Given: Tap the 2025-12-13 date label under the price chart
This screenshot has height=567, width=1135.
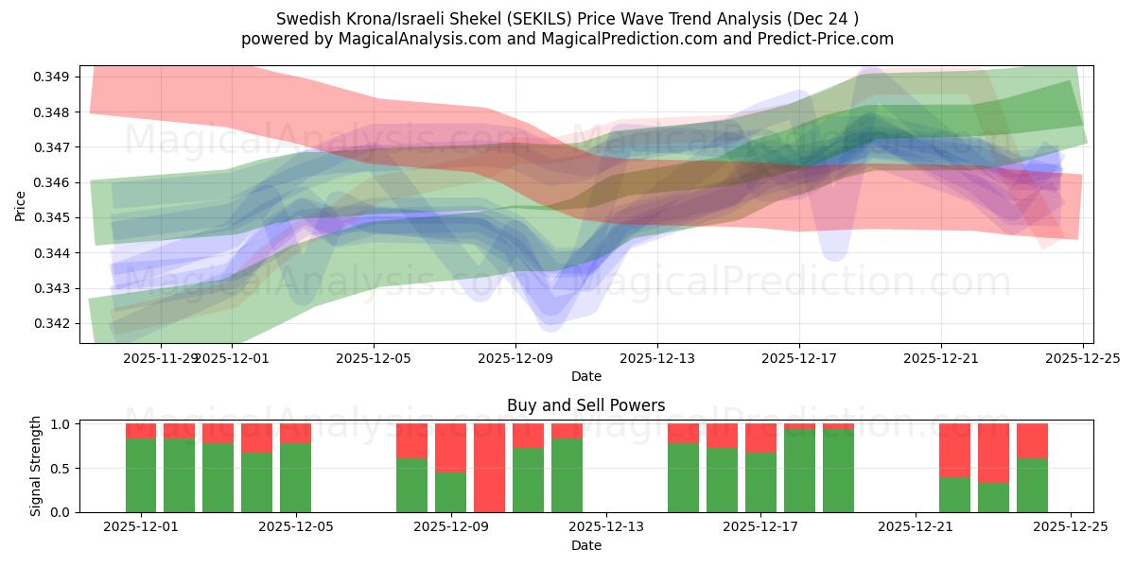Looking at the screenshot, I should (x=657, y=359).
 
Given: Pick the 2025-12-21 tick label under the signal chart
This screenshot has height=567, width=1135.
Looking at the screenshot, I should (x=916, y=527).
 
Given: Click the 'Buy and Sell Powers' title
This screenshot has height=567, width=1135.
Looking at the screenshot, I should (x=585, y=405).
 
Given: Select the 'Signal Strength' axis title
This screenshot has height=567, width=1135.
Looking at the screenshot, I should (x=36, y=466).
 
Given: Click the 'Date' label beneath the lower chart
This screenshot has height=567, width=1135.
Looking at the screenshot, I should (x=585, y=545).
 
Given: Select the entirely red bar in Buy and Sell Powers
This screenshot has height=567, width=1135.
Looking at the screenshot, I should (x=489, y=468).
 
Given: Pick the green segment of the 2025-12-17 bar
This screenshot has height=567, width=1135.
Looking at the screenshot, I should (x=760, y=482).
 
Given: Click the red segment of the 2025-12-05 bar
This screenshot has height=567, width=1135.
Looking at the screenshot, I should (x=295, y=433).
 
